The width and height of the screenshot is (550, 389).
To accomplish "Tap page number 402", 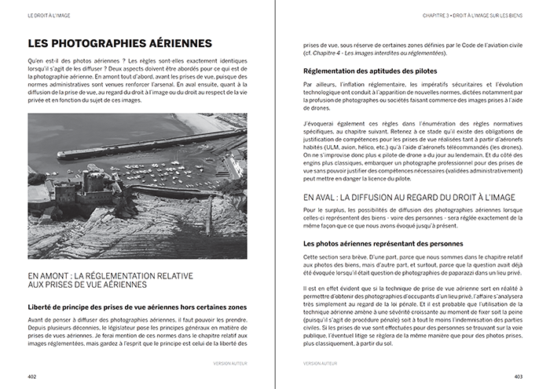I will click(x=32, y=376).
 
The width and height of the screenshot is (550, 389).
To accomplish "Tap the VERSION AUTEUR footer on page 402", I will click(x=229, y=363).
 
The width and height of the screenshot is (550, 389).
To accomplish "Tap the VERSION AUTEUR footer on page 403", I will click(x=321, y=363).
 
